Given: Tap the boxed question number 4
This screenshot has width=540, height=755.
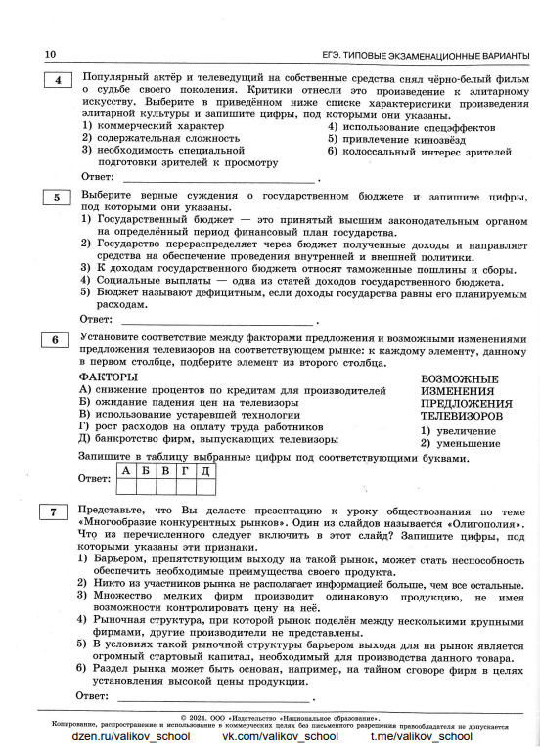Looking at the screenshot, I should click(x=57, y=80).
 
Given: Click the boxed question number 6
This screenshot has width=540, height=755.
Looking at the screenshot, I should click(x=57, y=340).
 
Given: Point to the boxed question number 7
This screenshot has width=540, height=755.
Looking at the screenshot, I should click(x=57, y=511).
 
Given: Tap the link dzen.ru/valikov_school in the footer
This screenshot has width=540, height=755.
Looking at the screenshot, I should click(x=131, y=736).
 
